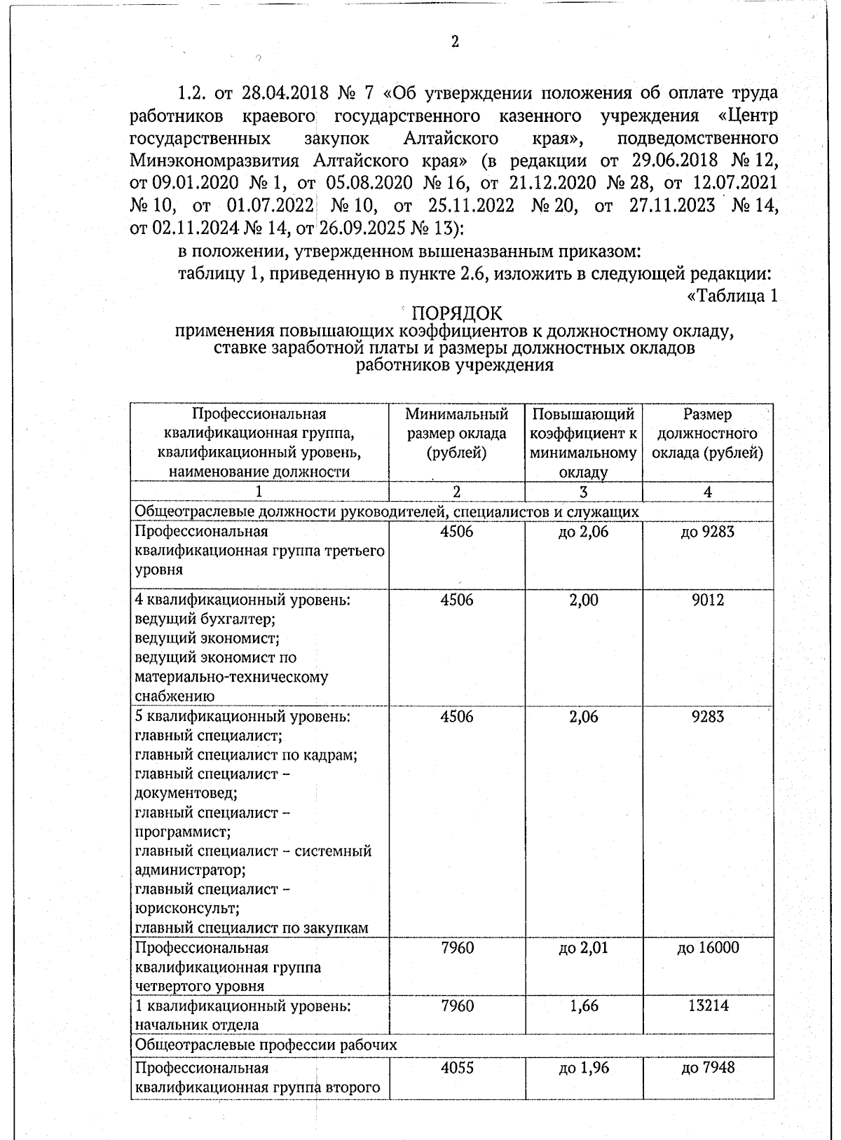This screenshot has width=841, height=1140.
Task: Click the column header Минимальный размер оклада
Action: pos(456,434)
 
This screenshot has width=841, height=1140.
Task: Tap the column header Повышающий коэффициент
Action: pos(583,443)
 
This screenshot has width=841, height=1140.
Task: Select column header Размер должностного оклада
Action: pos(707,434)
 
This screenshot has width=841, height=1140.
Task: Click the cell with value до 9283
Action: pos(707,532)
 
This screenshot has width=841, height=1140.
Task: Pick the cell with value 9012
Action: pos(707,600)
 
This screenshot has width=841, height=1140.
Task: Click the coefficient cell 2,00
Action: pos(583,600)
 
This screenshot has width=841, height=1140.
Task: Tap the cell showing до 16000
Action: pos(707,948)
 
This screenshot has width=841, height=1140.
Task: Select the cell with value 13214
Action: pos(707,1006)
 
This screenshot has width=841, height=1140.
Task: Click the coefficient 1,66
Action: pos(583,1006)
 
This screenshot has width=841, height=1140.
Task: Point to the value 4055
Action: pos(456,1069)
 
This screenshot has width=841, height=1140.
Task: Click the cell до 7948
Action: pos(707,1069)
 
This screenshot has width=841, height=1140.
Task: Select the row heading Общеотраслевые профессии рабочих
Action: pos(266,1045)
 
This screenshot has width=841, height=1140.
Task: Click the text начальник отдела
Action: pos(196,1025)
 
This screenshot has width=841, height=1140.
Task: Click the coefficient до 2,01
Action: pos(583,948)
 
